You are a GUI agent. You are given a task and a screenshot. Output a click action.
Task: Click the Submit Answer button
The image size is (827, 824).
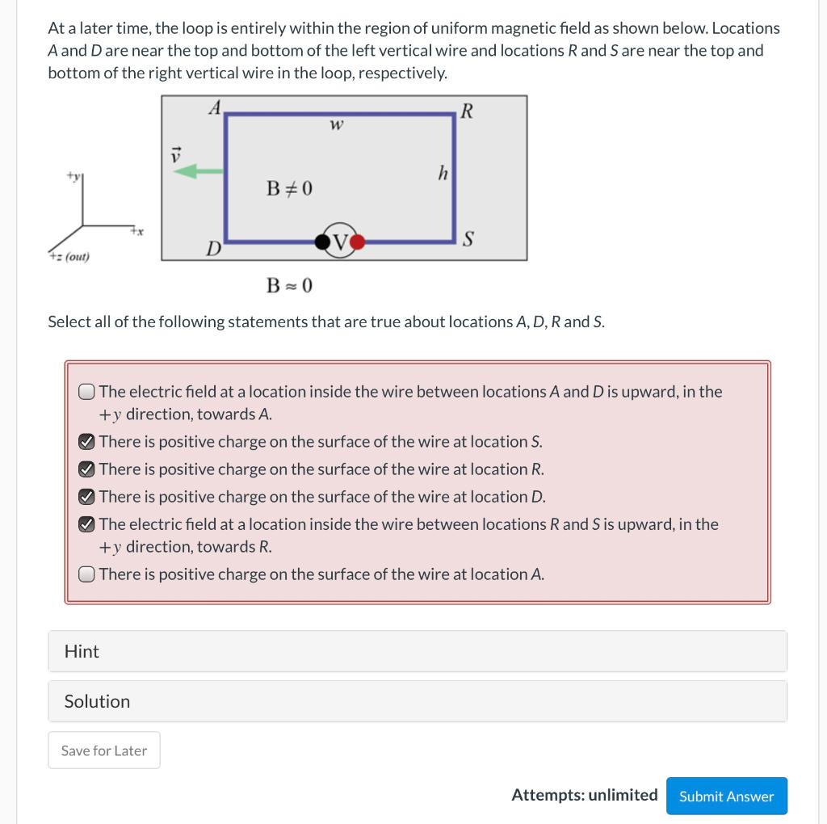pyautogui.click(x=726, y=796)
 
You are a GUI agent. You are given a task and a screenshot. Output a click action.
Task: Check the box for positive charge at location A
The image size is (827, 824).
pyautogui.click(x=87, y=574)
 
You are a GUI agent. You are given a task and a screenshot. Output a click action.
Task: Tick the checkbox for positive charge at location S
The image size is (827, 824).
pyautogui.click(x=87, y=442)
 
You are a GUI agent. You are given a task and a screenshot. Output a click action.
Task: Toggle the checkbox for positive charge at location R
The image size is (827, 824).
pyautogui.click(x=87, y=469)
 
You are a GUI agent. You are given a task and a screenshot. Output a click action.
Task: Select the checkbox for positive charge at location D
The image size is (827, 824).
pyautogui.click(x=87, y=497)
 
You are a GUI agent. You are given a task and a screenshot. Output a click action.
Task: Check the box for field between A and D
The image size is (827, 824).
pyautogui.click(x=87, y=392)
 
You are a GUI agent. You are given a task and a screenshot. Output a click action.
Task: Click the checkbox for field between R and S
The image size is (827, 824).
pyautogui.click(x=87, y=524)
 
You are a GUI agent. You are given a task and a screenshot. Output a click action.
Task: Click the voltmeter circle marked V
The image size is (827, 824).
pyautogui.click(x=340, y=240)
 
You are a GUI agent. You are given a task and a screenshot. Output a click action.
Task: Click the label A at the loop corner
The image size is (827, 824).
pyautogui.click(x=215, y=107)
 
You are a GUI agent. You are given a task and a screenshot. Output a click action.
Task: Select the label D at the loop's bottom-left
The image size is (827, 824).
pyautogui.click(x=213, y=247)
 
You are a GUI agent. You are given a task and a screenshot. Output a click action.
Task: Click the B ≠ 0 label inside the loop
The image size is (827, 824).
pyautogui.click(x=289, y=189)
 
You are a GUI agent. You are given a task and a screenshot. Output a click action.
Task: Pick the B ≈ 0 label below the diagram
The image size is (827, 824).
pyautogui.click(x=289, y=285)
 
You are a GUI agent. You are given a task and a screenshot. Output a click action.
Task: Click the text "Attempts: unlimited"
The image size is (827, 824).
pyautogui.click(x=584, y=795)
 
